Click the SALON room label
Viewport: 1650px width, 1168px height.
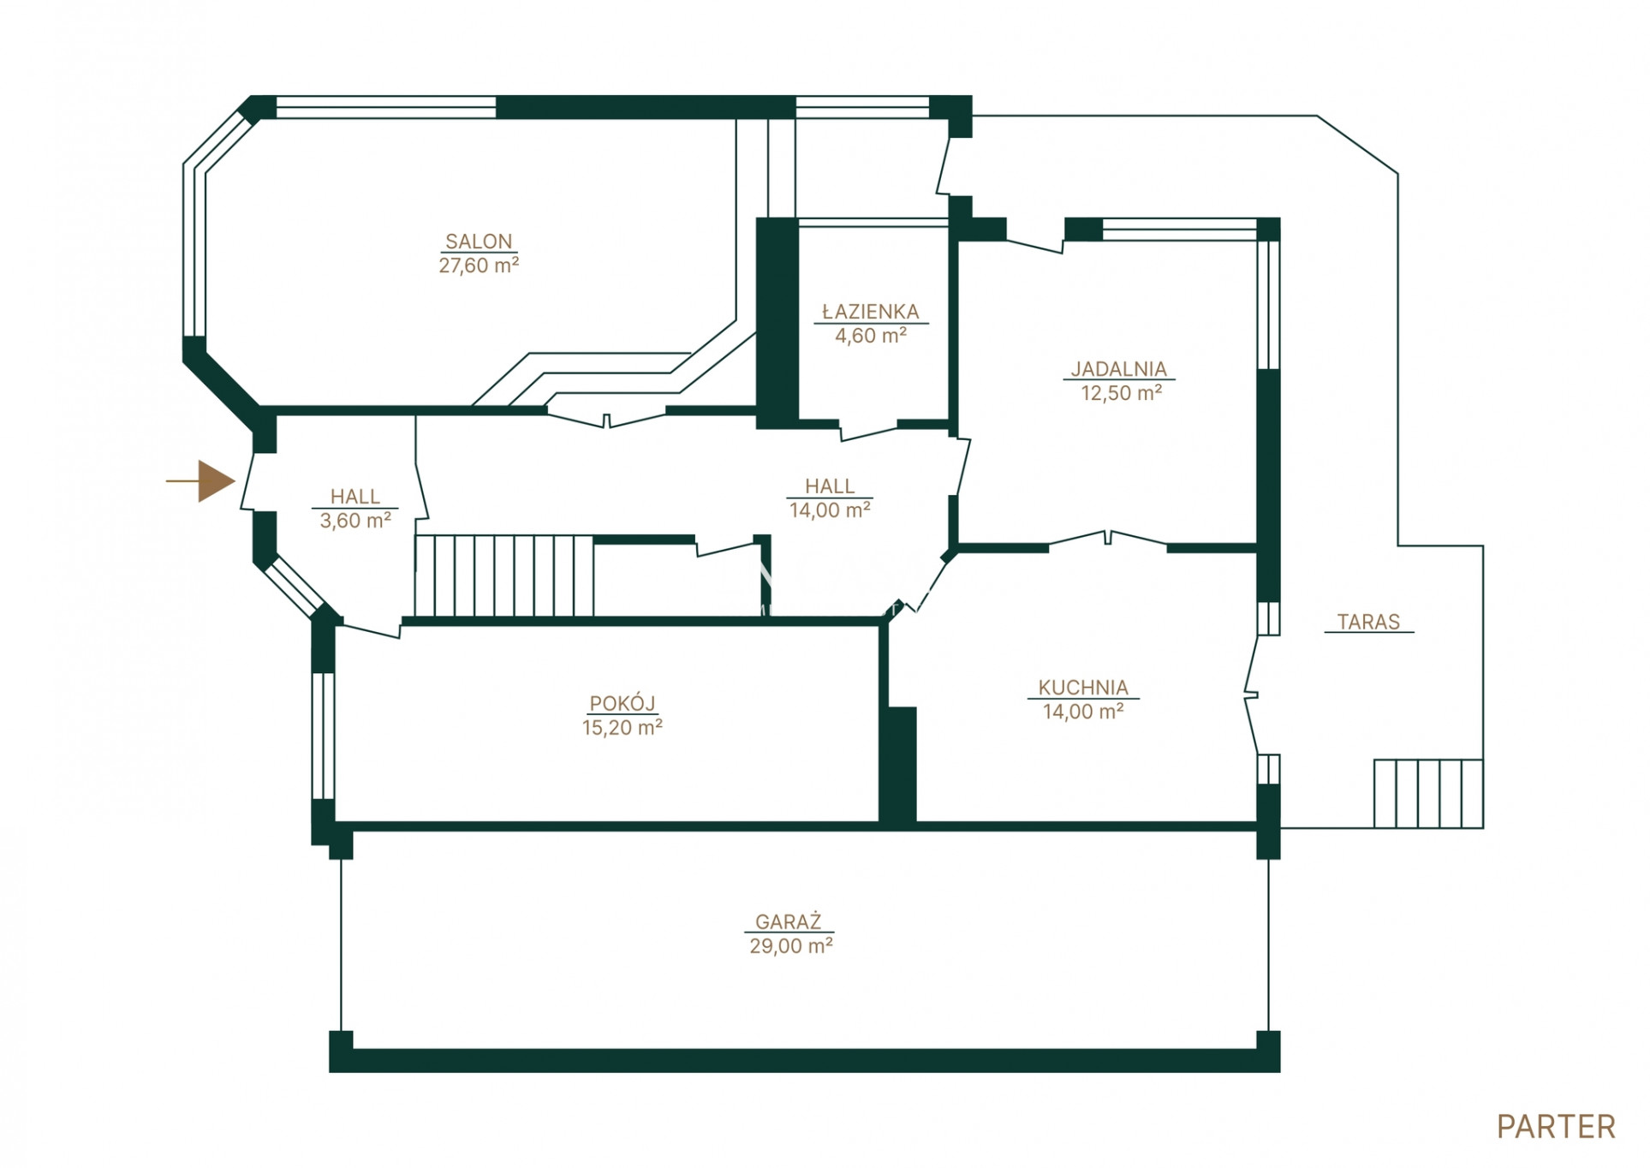point(479,241)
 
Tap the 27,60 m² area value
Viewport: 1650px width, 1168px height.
point(479,265)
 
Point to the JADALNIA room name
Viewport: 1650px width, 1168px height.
point(1118,369)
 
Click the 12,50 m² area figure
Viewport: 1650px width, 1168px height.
point(1121,393)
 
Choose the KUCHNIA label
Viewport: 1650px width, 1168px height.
point(1083,688)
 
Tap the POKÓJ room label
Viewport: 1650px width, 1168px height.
point(622,703)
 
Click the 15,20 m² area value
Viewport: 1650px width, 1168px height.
point(622,728)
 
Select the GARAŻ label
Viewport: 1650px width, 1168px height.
point(789,921)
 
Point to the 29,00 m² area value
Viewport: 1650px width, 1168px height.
point(791,946)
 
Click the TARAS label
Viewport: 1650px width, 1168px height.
point(1368,622)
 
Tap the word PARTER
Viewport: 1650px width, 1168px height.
point(1556,1127)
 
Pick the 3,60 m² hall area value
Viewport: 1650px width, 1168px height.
point(355,521)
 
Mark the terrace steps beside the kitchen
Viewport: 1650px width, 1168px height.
point(1428,794)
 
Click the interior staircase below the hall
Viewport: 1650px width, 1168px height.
point(504,575)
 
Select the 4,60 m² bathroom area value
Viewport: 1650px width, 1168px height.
point(871,336)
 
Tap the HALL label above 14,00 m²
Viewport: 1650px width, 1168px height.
point(830,486)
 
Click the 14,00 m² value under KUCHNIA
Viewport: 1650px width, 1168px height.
point(1083,712)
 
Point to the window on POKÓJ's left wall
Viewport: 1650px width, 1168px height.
point(323,736)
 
